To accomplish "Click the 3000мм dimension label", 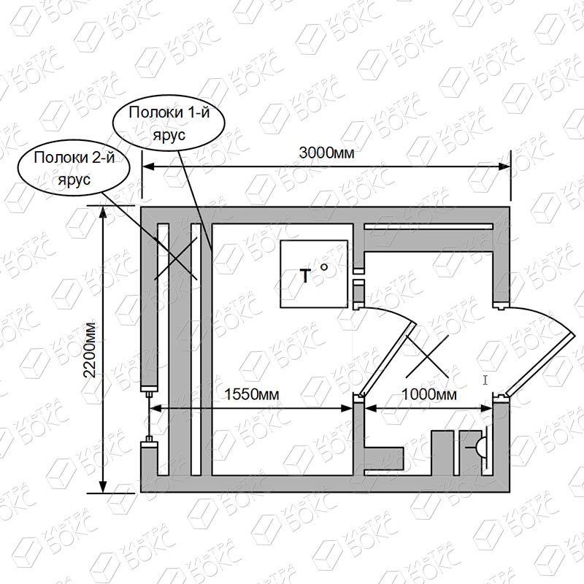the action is pos(326,153).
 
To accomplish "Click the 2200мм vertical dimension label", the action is pos(90,350).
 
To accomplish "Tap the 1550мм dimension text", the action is pos(252,394).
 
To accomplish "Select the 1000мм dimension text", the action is pos(429,394).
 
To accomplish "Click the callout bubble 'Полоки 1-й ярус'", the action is pos(169,123).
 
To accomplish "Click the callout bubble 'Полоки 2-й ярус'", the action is pos(74,168).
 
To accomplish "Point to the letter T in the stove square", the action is pos(305,277).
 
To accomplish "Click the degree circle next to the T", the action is pos(324,266).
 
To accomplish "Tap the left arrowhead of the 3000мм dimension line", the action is pos(148,166).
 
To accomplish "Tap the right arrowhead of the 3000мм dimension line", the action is pos(504,166).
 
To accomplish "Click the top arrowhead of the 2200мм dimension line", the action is pos(103,212).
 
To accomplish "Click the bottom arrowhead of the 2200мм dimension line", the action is pos(103,487).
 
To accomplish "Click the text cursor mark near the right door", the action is pos(485,380).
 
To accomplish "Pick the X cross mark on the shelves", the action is pos(175,258).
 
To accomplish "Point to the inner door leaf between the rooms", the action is pos(388,358).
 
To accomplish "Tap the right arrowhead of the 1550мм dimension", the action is pos(347,409).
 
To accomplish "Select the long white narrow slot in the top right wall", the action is pos(429,226).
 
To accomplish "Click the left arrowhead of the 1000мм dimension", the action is pos(371,409).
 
